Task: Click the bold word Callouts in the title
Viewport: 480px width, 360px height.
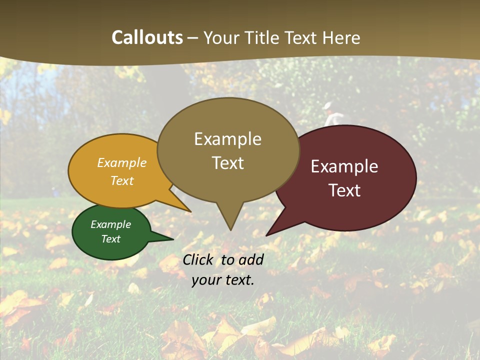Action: (147, 37)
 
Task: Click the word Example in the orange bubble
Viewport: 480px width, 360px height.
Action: (122, 163)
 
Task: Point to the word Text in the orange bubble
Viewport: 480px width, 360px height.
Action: (122, 180)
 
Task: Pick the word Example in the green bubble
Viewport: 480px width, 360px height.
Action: (110, 224)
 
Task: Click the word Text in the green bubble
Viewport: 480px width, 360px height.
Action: (110, 239)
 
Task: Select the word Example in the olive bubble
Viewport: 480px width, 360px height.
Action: (227, 139)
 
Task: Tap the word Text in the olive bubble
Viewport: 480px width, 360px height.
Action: (227, 163)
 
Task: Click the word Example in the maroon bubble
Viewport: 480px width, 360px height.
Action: (344, 166)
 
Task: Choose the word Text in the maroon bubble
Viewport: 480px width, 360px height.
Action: (344, 190)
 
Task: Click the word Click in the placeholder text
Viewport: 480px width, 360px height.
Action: (199, 259)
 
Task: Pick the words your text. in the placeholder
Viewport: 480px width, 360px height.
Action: (223, 280)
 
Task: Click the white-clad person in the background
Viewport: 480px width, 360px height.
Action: (332, 116)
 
